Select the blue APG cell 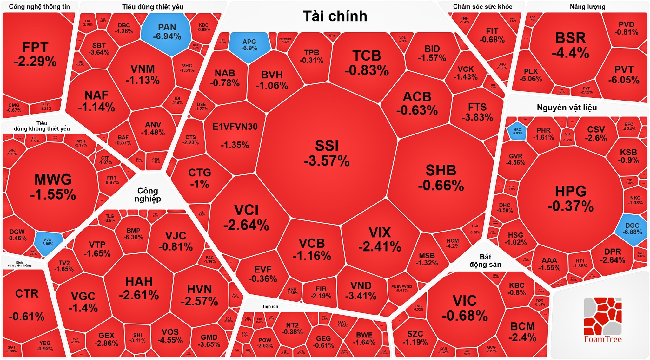pos(249,45)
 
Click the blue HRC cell pos(517,131)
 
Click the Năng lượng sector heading pos(587,7)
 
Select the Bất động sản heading pos(485,260)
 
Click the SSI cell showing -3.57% pos(327,153)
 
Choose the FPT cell pos(35,54)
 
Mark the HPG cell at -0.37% pos(570,199)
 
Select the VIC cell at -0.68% pos(465,308)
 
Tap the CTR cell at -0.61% pos(27,304)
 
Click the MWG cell pos(53,187)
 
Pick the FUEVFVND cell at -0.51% pos(401,288)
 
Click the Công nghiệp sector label pos(148,194)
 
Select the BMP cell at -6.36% pos(133,234)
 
